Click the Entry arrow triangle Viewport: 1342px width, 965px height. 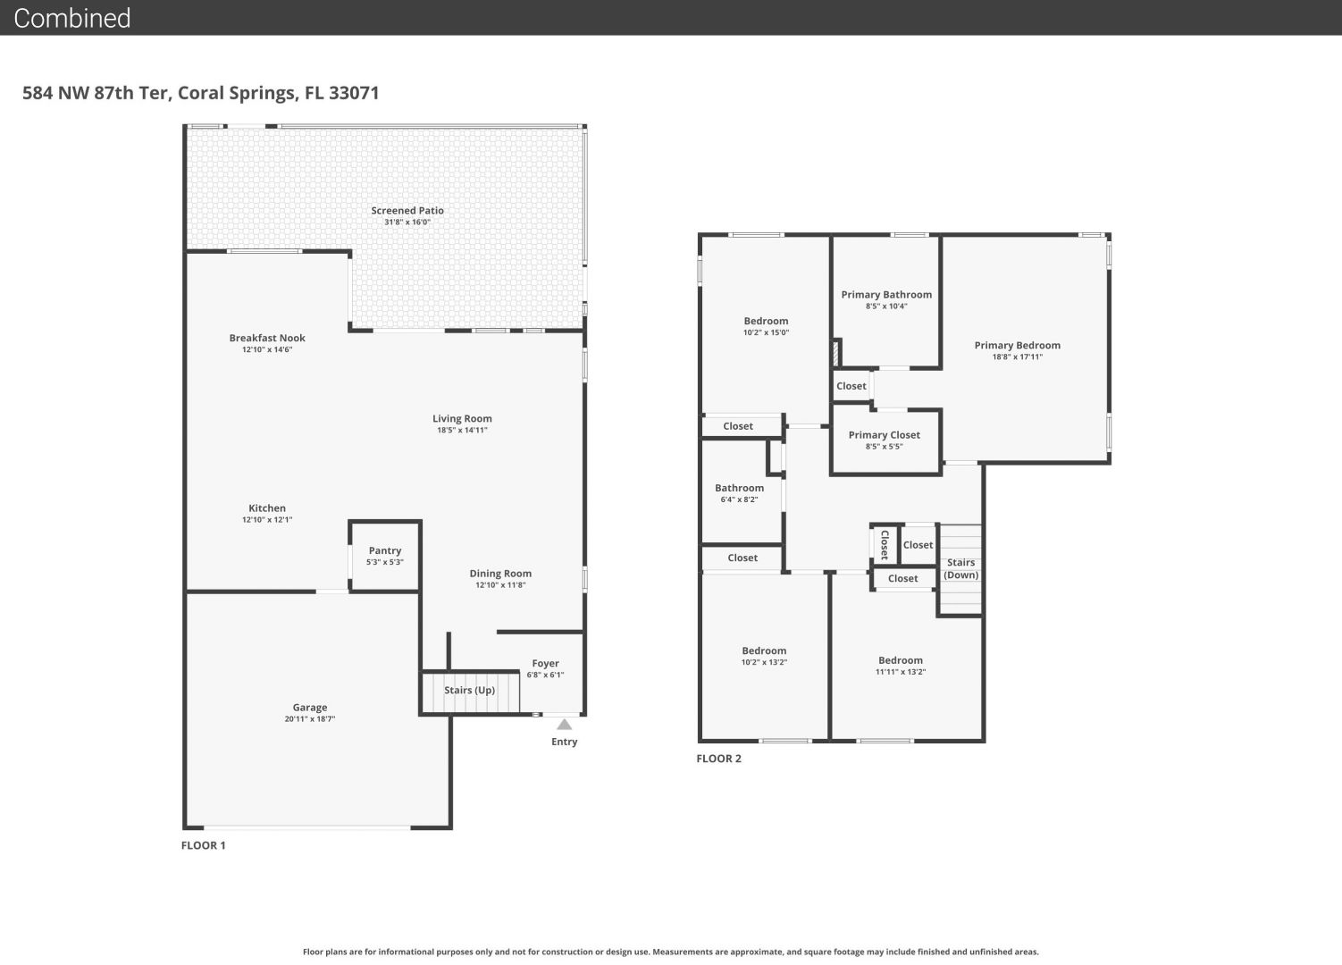point(565,725)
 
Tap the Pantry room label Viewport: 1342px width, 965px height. point(384,550)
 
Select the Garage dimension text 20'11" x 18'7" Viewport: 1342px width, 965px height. point(310,718)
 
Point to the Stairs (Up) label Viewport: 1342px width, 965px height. point(470,690)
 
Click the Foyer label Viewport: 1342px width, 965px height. point(545,663)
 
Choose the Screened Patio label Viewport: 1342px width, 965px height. point(407,210)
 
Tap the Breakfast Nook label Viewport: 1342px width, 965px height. point(267,338)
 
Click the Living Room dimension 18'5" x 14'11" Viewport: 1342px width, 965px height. point(462,430)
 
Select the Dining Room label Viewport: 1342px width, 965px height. point(500,574)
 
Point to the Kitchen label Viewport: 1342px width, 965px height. point(267,508)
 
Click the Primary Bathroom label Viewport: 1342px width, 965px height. point(886,295)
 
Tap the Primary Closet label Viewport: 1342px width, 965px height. point(885,435)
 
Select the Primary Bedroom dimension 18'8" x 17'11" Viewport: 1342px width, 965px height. point(1018,357)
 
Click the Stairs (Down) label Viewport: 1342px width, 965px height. point(961,568)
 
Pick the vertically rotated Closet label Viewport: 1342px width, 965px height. point(885,544)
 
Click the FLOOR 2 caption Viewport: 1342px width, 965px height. point(719,759)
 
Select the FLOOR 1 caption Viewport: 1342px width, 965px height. point(203,845)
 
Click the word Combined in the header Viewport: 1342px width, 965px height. point(71,18)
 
